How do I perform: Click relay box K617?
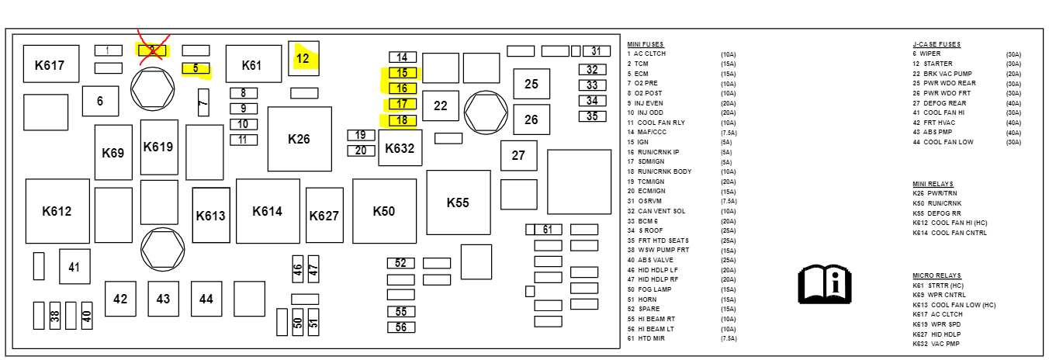coord(49,65)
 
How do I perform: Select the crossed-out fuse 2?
coord(152,50)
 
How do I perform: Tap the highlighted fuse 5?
coord(196,68)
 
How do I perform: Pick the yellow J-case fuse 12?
coord(303,57)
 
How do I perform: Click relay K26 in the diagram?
coord(299,139)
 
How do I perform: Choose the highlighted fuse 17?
coord(402,104)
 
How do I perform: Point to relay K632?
coord(400,147)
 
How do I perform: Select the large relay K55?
coord(458,202)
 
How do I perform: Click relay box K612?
coord(57,211)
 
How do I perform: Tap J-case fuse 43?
coord(163,299)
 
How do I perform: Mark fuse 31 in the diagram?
coord(596,51)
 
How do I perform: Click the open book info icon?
coord(825,284)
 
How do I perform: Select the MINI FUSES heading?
coord(646,44)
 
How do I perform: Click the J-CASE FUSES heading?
coord(936,44)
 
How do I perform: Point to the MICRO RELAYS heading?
coord(936,275)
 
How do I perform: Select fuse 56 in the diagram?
coord(401,327)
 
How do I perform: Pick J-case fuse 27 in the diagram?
coord(518,155)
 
